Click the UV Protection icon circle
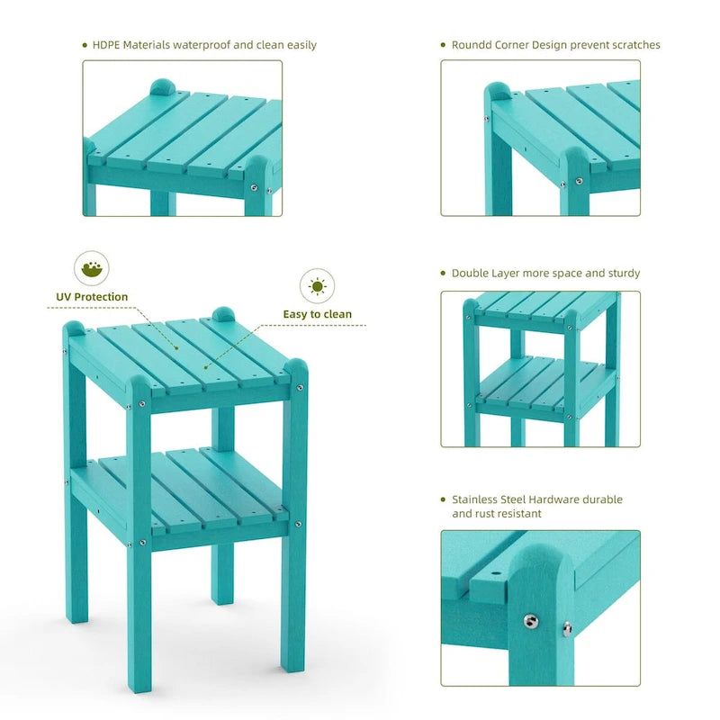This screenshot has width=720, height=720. pyautogui.click(x=92, y=268)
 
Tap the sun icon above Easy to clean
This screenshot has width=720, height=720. pyautogui.click(x=317, y=287)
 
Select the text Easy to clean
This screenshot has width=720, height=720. pyautogui.click(x=318, y=314)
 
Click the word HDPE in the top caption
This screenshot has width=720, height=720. pyautogui.click(x=108, y=45)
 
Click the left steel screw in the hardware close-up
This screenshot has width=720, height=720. pyautogui.click(x=531, y=620)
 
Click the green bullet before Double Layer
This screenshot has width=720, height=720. pyautogui.click(x=443, y=273)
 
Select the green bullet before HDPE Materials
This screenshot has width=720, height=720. pyautogui.click(x=84, y=45)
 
